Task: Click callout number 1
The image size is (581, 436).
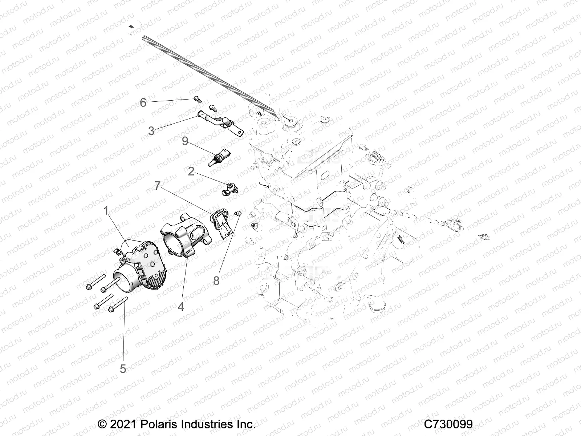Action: (106, 211)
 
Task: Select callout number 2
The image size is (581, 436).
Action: (191, 171)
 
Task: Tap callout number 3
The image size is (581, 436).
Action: (151, 131)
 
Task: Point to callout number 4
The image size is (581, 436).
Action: (180, 306)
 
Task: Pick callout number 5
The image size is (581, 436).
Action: (123, 368)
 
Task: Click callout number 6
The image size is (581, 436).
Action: (143, 103)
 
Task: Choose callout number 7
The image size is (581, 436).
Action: (157, 186)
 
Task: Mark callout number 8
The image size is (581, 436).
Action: (216, 280)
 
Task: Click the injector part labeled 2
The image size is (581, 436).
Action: (229, 189)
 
